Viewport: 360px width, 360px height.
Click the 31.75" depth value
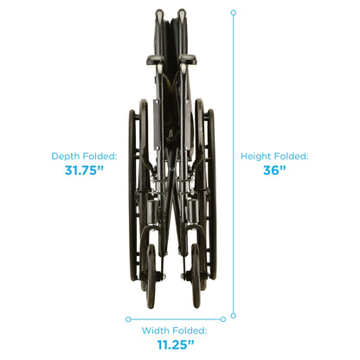tap(84, 170)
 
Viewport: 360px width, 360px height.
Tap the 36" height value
tap(274, 170)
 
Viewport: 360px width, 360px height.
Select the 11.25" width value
tap(176, 344)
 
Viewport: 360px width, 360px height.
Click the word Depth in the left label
tap(66, 157)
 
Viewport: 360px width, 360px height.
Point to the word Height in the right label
tap(255, 157)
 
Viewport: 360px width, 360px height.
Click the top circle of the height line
tap(234, 13)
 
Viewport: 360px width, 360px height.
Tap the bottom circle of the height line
tap(234, 316)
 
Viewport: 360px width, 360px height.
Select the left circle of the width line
tap(128, 319)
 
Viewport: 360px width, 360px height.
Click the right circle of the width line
tap(223, 319)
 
